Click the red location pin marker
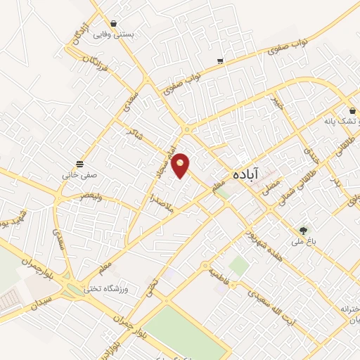point(181,165)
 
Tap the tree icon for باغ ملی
point(304,229)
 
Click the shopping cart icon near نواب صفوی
point(221,61)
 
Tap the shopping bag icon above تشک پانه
point(352,109)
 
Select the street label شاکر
point(134,132)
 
